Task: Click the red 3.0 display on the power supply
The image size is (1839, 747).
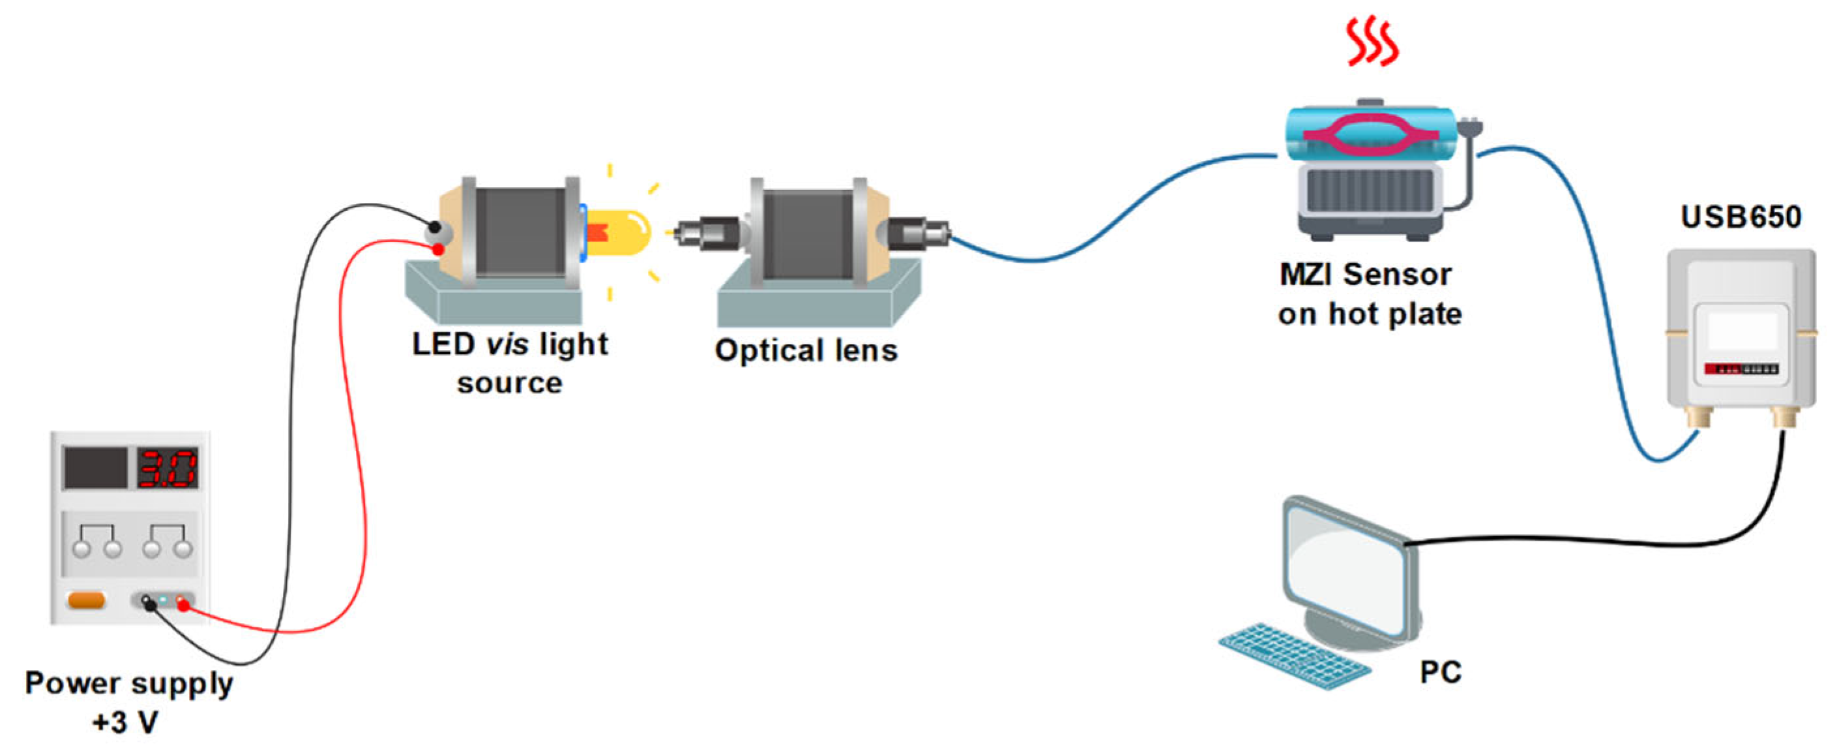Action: tap(167, 468)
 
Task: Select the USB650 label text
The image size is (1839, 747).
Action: tap(1741, 217)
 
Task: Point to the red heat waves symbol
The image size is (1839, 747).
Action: tap(1372, 43)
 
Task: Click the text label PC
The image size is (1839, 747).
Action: tap(1440, 673)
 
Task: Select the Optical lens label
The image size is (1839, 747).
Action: tap(806, 350)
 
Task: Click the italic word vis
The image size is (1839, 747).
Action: tap(507, 344)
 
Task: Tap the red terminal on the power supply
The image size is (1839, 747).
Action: tap(183, 605)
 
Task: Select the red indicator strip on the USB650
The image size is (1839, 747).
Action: tap(1722, 369)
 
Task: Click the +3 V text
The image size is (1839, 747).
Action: tap(125, 722)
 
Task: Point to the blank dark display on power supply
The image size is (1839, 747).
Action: tap(95, 468)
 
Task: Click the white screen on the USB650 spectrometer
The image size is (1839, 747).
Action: tap(1742, 331)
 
